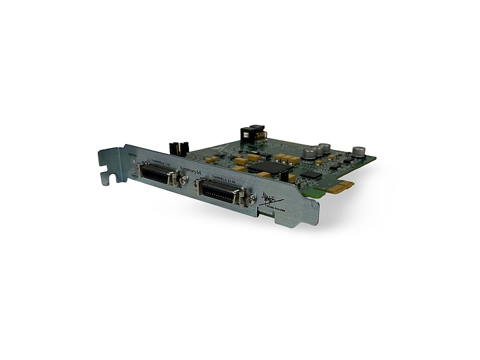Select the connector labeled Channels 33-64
tap(218, 193)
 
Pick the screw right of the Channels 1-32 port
tap(178, 180)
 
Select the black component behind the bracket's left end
tap(178, 148)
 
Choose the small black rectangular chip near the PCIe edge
tap(311, 175)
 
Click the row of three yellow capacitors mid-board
tap(287, 158)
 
